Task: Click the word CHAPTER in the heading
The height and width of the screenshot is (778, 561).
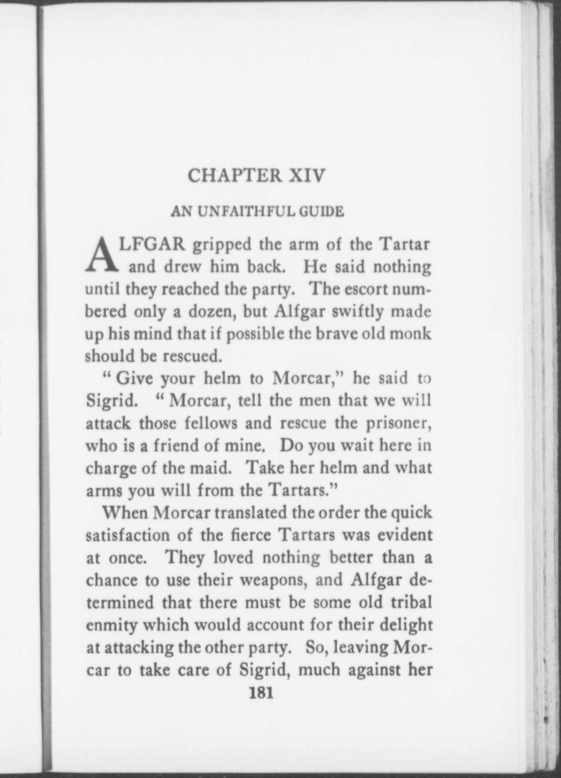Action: (x=235, y=175)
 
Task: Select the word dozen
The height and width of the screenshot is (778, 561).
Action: (x=208, y=311)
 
